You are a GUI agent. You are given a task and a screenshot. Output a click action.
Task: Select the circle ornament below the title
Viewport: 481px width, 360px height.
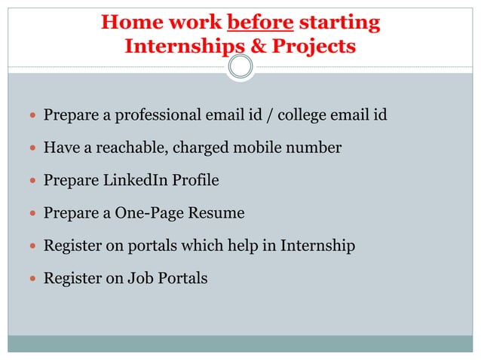pos(240,69)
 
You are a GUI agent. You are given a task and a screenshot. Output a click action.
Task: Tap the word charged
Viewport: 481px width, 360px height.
pos(200,148)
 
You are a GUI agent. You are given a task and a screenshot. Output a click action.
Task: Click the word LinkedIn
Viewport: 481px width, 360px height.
pos(132,181)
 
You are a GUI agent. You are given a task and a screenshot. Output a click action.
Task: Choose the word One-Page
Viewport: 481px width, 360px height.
pos(149,213)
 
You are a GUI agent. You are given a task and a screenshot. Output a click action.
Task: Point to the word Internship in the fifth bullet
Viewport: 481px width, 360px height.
pos(317,246)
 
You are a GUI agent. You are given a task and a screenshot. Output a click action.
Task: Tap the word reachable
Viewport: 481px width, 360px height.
pos(132,148)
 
